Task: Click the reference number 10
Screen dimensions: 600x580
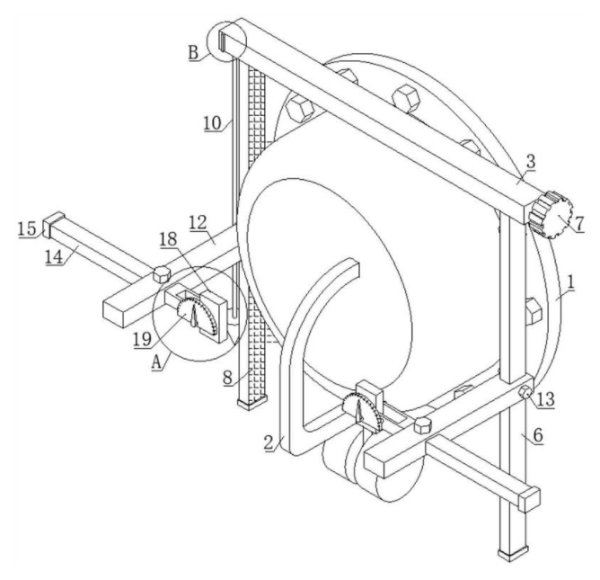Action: (212, 123)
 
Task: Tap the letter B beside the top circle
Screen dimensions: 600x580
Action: (194, 52)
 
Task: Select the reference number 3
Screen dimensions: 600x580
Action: (531, 162)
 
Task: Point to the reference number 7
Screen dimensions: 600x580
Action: (579, 223)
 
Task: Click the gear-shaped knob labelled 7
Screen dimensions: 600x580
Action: (551, 215)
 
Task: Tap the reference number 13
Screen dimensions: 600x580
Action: (546, 399)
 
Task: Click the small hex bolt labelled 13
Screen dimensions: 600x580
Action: (525, 392)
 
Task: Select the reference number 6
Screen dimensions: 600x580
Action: (538, 435)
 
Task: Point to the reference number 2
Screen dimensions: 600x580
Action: (269, 442)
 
